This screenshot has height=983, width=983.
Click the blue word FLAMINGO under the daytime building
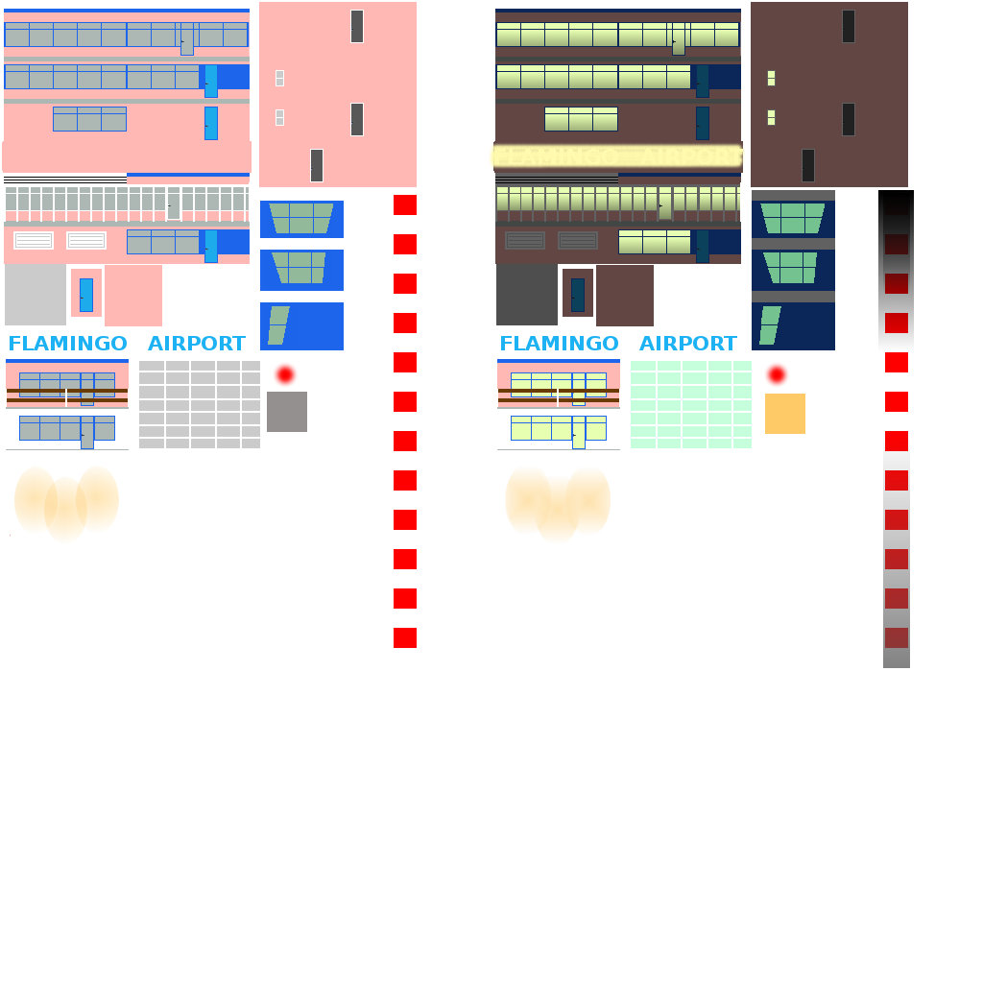(x=67, y=344)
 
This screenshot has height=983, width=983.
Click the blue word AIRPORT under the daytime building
(x=197, y=344)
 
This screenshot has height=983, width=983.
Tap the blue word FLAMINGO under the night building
(x=559, y=344)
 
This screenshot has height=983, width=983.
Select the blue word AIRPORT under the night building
(x=688, y=344)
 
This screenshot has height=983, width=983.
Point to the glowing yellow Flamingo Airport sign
(x=616, y=156)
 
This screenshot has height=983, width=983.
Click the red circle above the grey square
(x=285, y=374)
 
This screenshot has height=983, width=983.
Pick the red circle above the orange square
(x=777, y=374)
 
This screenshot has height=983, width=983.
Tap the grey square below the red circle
(x=287, y=412)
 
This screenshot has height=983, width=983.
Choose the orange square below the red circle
(x=785, y=414)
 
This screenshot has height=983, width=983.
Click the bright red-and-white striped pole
(x=405, y=431)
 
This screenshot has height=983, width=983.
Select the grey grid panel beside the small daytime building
(x=200, y=404)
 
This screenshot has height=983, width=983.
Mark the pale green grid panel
(x=691, y=404)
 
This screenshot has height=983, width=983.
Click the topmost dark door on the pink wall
(x=357, y=26)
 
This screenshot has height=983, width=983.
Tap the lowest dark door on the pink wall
(x=317, y=165)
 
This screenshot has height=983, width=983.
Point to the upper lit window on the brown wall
(x=771, y=78)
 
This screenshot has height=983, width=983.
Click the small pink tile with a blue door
(x=86, y=294)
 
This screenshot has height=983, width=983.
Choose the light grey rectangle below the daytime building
(x=36, y=296)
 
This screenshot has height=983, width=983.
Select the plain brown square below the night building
(x=625, y=296)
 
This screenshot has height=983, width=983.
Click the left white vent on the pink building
(x=34, y=241)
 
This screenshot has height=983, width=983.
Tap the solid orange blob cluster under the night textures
(x=558, y=502)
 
